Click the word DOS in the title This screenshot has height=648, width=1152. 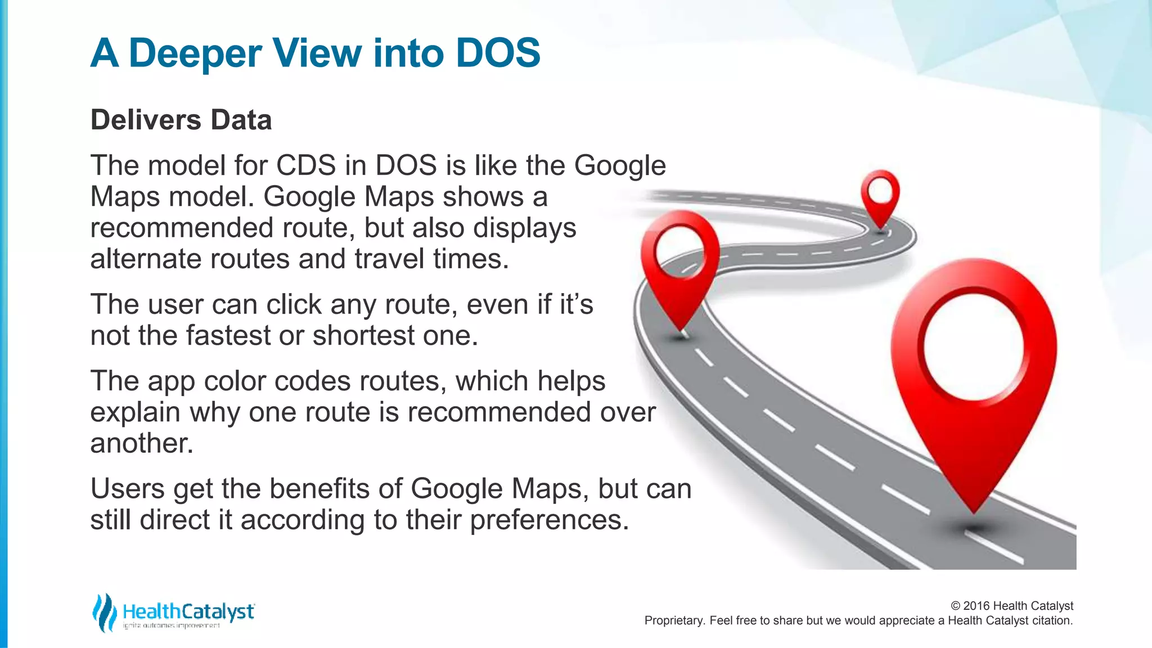pyautogui.click(x=498, y=53)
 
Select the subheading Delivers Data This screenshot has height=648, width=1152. pyautogui.click(x=181, y=120)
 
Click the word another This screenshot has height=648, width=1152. pyautogui.click(x=142, y=444)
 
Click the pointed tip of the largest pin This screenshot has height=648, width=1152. pyautogui.click(x=974, y=509)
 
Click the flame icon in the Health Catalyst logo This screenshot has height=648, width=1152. pyautogui.click(x=104, y=612)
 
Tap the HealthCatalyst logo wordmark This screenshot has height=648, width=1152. pyautogui.click(x=188, y=611)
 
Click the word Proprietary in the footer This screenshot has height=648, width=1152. pyautogui.click(x=673, y=621)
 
